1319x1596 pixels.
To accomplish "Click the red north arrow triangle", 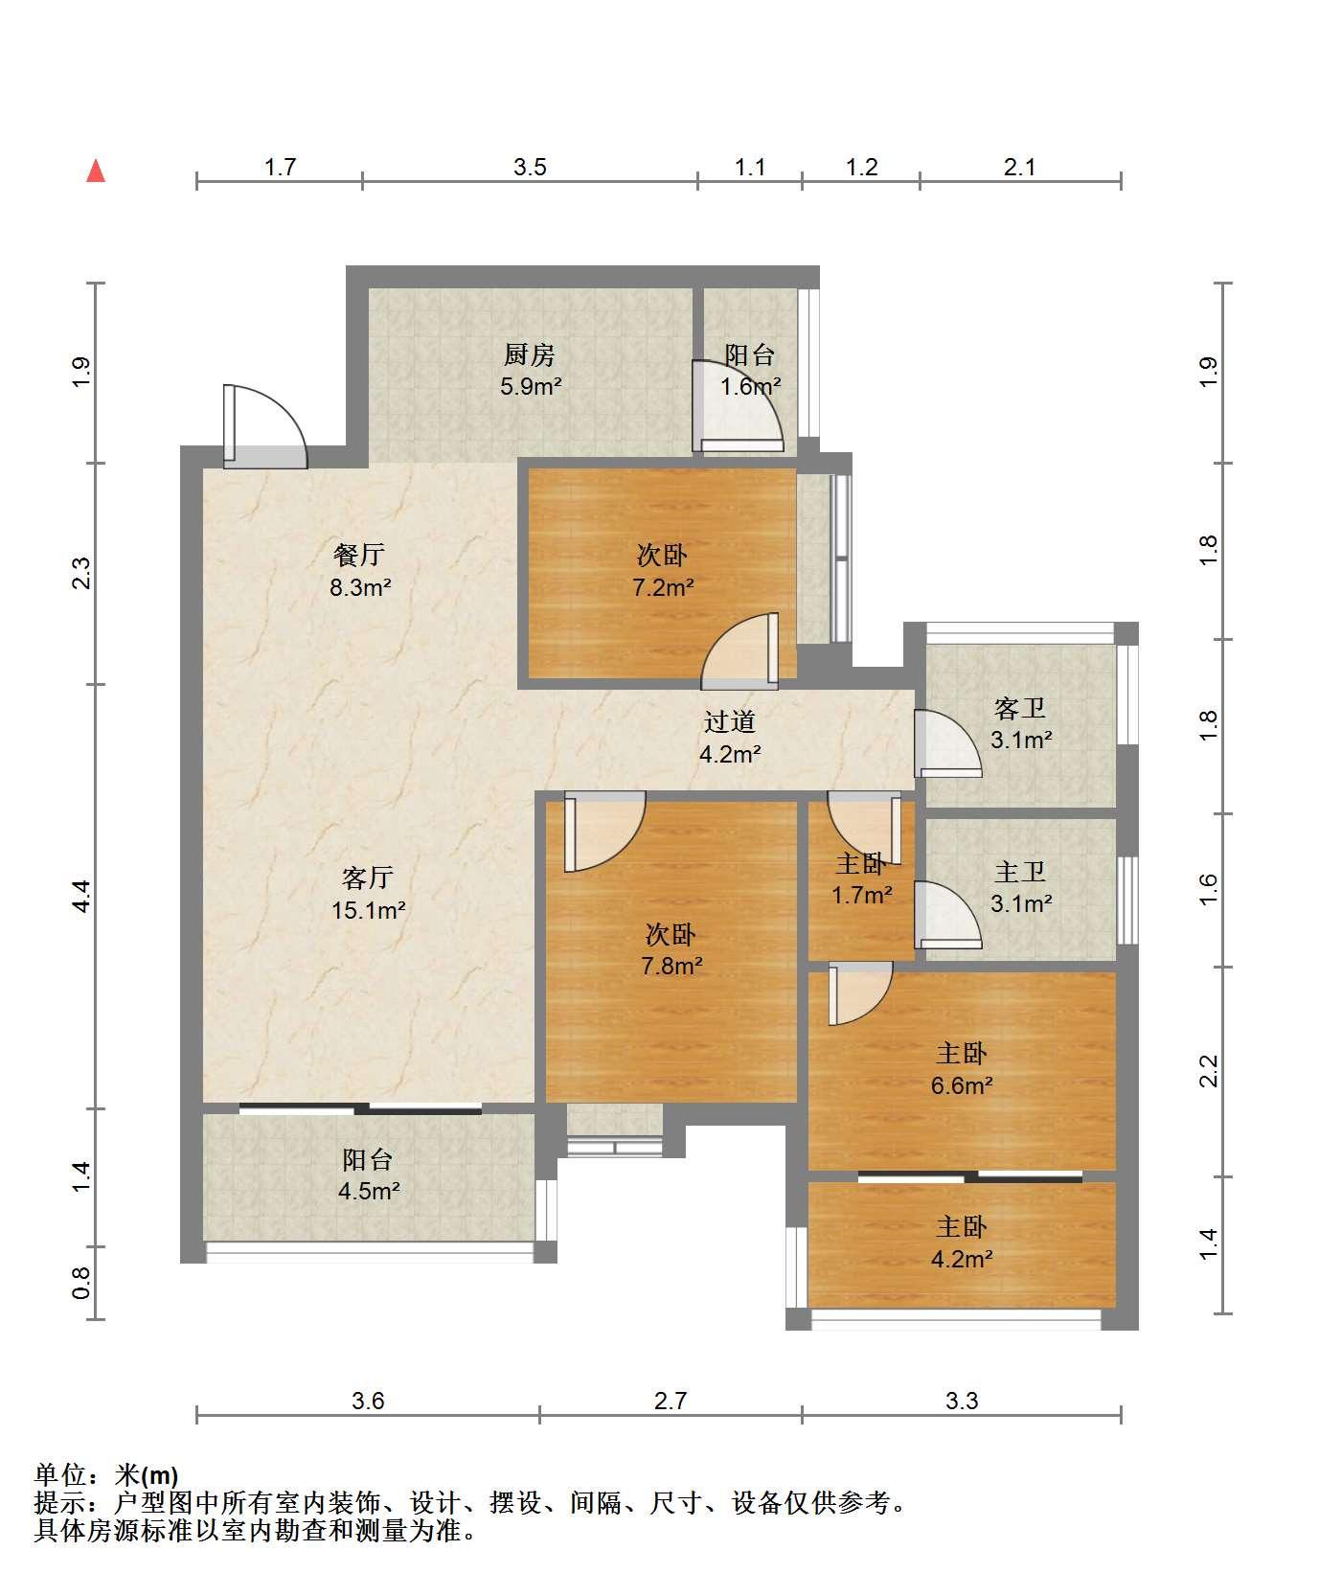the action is (96, 171).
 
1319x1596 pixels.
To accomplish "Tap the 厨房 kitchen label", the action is (530, 355).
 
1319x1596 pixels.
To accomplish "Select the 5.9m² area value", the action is (531, 387).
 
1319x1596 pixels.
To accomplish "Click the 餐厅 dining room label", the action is (359, 555).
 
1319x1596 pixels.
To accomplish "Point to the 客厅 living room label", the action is (368, 878).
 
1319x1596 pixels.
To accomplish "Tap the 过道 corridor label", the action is (730, 722).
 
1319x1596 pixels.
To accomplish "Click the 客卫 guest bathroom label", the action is (1020, 709).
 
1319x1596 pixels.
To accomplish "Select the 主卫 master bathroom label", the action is (1020, 872).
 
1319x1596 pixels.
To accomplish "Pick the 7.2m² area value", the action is (663, 587).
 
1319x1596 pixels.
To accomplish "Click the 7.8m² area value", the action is (671, 966).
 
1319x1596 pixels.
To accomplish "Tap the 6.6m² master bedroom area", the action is (962, 1085).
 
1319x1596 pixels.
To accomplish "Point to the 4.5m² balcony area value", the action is (369, 1192).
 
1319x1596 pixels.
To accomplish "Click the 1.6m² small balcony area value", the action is (751, 387).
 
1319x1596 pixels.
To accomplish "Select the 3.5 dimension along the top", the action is (530, 168).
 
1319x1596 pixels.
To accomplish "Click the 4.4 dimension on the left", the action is (81, 896).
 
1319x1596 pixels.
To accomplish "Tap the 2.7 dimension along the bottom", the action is (671, 1402).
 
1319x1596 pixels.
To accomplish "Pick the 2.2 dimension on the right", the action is (1208, 1071).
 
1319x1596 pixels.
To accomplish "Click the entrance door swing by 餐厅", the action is (265, 426).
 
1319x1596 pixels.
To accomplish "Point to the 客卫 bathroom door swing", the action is (947, 743).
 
